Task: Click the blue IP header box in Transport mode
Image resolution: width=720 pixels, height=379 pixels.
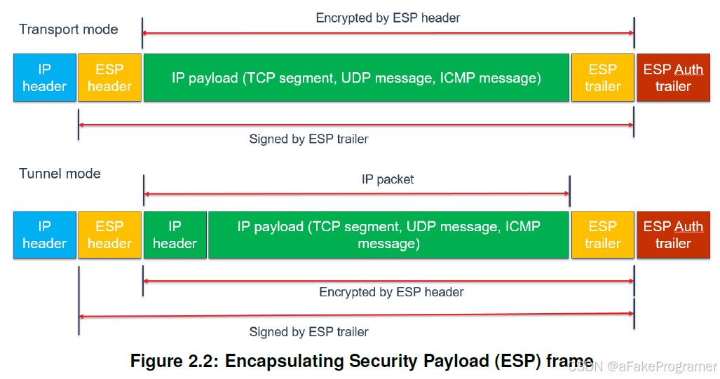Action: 44,78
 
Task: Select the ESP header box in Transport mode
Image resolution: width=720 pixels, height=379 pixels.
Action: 109,78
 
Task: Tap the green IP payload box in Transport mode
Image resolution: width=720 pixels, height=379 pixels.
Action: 356,78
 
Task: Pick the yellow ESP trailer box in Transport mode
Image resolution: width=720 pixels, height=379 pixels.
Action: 602,78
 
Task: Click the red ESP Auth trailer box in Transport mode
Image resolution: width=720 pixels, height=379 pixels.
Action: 673,78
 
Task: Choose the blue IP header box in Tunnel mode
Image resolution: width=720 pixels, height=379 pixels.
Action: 44,235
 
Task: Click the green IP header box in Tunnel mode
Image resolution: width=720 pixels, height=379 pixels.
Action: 175,235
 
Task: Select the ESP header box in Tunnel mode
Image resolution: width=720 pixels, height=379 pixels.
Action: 109,235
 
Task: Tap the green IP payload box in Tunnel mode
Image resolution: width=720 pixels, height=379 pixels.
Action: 388,235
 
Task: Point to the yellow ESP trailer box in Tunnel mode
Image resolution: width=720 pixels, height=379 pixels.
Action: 602,235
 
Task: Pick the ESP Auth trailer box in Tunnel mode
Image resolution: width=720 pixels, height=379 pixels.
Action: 673,235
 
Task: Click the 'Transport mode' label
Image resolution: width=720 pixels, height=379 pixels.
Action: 69,29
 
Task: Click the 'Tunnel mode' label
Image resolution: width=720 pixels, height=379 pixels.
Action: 60,174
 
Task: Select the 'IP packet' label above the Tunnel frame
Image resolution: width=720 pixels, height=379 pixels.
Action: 388,179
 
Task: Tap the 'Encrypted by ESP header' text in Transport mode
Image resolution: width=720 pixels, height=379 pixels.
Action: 388,18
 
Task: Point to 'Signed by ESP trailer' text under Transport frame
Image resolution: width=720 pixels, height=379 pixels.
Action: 308,139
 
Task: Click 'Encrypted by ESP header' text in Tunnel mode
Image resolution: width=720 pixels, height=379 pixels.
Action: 391,291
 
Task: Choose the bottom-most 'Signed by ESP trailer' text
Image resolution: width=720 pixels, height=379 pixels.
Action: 308,332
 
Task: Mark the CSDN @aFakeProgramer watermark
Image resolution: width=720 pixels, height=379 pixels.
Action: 642,366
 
